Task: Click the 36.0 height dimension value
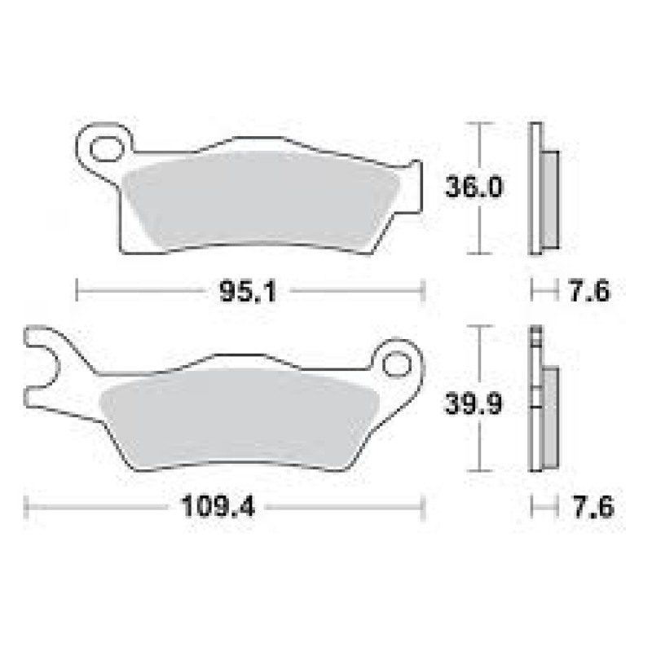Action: click(x=474, y=187)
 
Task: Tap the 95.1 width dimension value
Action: click(x=248, y=292)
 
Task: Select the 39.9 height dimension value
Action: click(x=474, y=403)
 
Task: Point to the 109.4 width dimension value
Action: click(x=218, y=506)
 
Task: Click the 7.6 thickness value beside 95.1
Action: click(x=589, y=291)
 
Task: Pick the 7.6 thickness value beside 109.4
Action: click(x=593, y=507)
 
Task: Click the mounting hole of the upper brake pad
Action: click(x=107, y=148)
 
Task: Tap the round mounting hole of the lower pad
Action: click(x=397, y=364)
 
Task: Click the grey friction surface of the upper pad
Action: click(x=261, y=200)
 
